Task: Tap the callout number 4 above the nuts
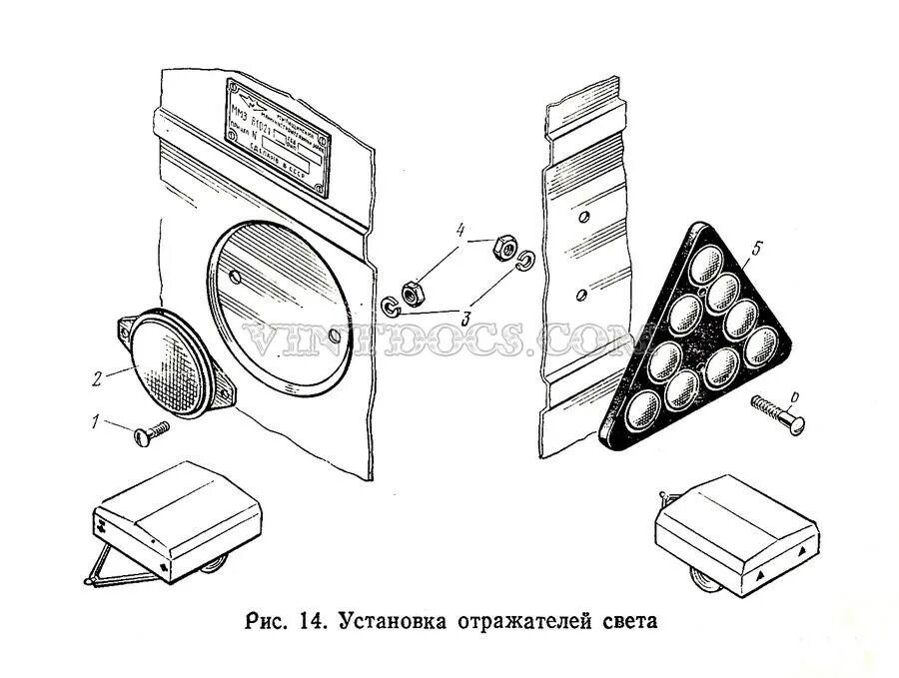(x=460, y=231)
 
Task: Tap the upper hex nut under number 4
(x=503, y=245)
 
